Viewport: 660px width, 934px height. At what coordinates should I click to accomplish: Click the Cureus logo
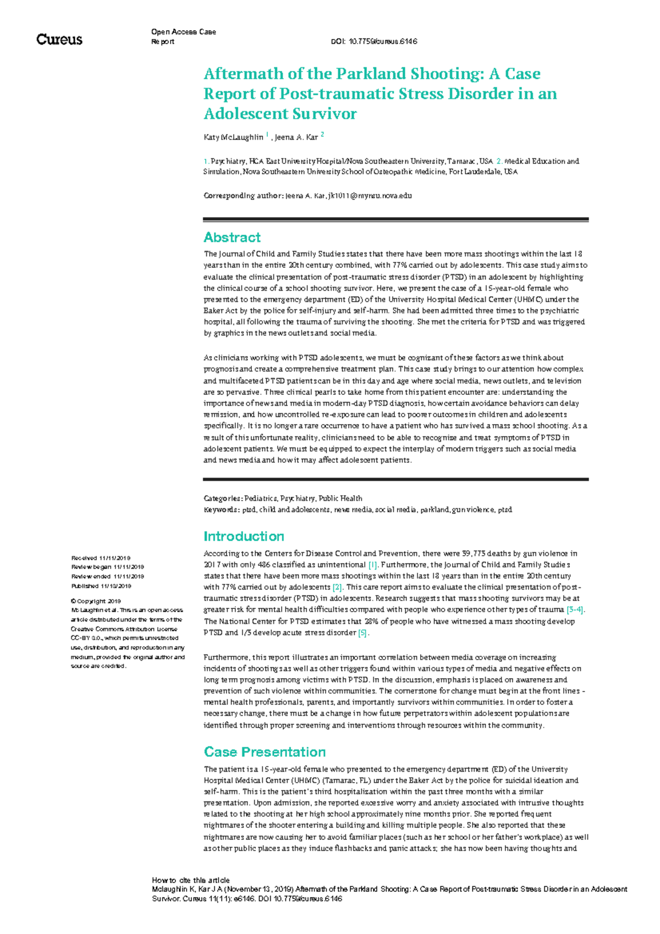coord(59,40)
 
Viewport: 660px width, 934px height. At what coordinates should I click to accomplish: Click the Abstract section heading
coord(232,238)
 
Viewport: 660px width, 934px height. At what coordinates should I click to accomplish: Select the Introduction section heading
coord(244,536)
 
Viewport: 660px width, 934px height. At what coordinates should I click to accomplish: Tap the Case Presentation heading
coord(265,752)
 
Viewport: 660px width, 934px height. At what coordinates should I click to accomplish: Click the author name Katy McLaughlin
coord(233,137)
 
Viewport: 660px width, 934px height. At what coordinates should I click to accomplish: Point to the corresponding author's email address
coord(370,196)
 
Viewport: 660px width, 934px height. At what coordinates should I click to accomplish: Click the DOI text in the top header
coord(374,42)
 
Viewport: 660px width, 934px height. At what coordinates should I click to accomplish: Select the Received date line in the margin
coord(101,558)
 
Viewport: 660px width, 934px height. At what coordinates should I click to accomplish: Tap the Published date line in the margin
coord(101,586)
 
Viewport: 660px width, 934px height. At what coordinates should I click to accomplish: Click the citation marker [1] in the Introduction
coord(373,565)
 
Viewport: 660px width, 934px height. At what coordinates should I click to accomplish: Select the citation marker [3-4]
coord(575,609)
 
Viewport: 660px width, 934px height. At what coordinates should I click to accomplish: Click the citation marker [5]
coord(362,633)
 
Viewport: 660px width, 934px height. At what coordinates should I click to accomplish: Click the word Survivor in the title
coord(320,114)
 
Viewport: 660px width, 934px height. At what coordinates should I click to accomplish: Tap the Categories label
coord(222,498)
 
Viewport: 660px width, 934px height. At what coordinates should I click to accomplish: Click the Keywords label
coord(221,510)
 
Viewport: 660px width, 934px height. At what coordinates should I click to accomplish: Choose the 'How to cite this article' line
coord(190,880)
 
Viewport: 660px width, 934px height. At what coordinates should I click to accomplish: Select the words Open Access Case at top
coord(183,32)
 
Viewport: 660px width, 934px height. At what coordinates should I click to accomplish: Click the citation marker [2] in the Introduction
coord(337,587)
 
